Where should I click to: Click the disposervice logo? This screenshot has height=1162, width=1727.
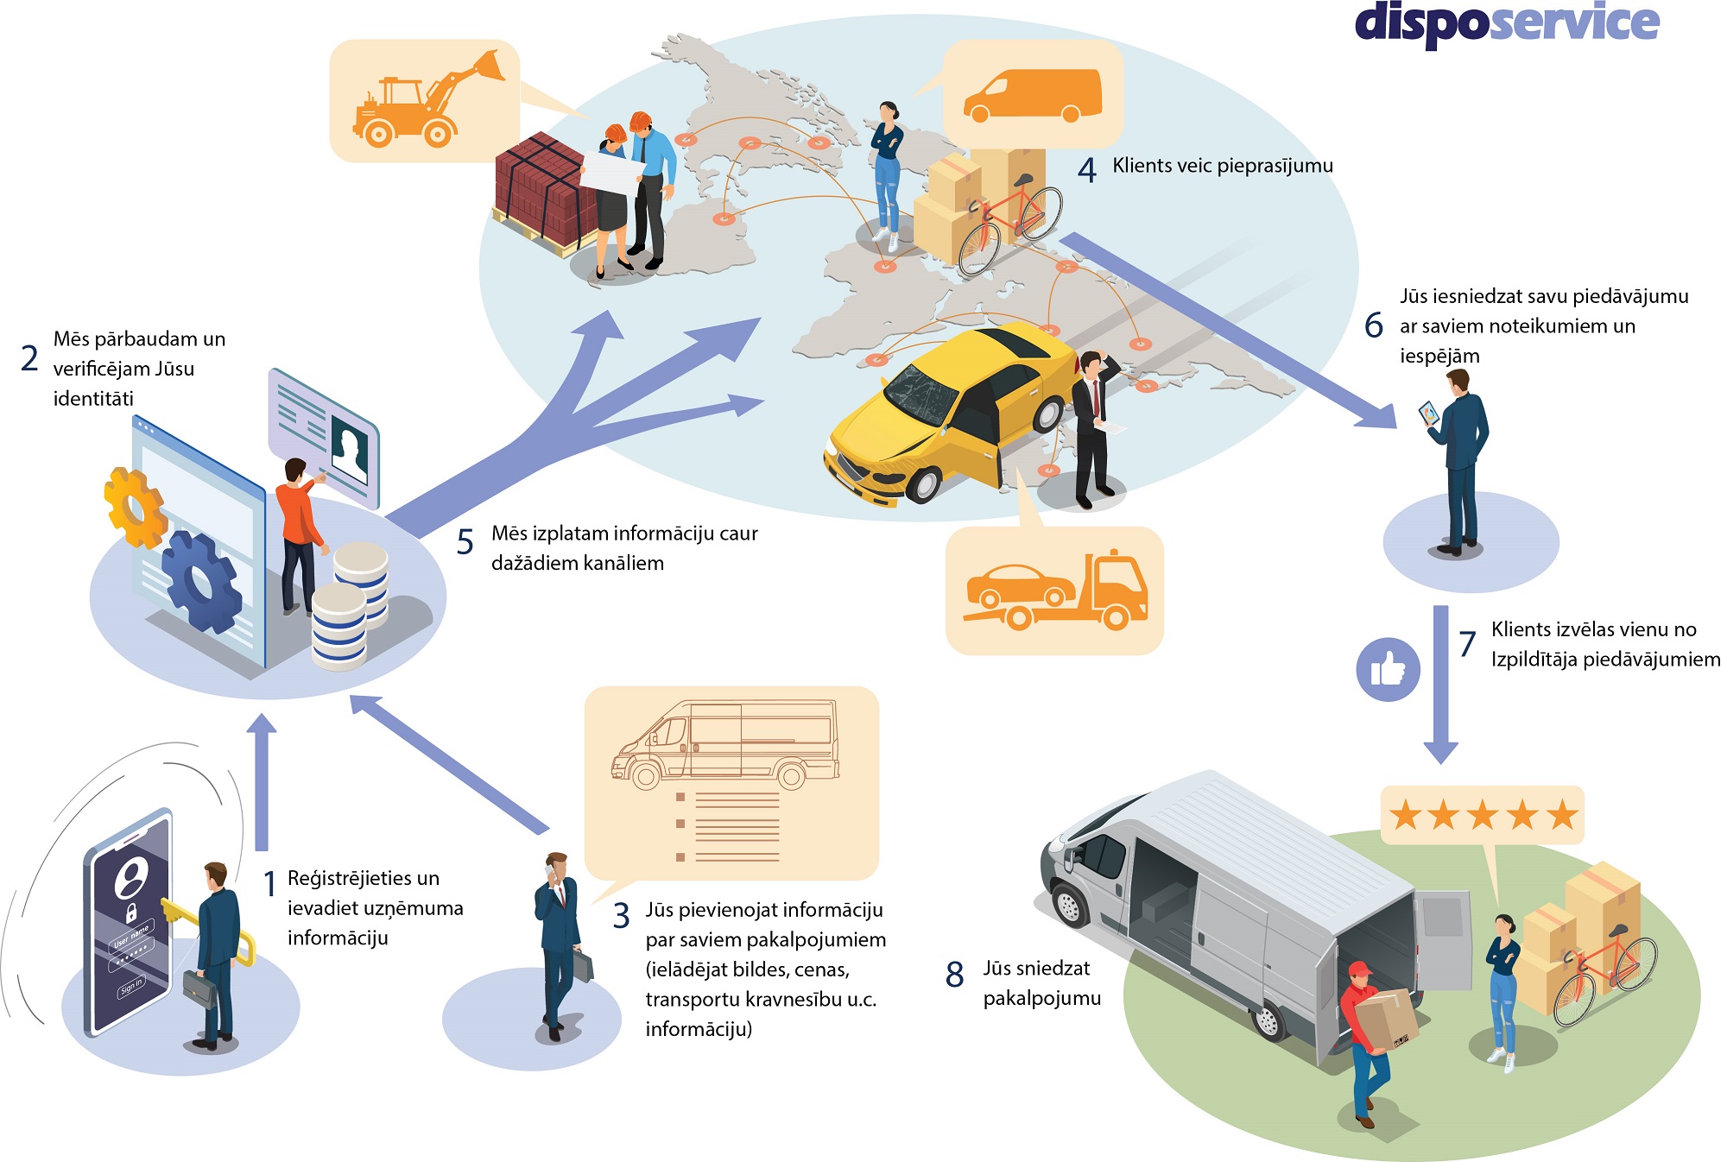coord(1507,23)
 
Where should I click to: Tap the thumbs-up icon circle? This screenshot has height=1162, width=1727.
coord(1388,669)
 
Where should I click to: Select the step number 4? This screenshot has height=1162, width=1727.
coord(1086,169)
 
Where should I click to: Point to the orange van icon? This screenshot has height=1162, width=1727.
coord(1032,95)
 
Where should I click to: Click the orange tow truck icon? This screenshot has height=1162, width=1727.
coord(1055,592)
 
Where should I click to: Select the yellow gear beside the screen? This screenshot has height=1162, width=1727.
coord(134,508)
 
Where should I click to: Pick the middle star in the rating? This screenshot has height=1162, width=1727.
coord(1483,815)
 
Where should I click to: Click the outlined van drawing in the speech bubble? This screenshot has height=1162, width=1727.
coord(725,744)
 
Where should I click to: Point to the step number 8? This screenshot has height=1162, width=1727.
coord(954,975)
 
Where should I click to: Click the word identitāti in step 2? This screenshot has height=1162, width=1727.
coord(93,399)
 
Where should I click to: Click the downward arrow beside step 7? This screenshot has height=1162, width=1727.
coord(1440,682)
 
